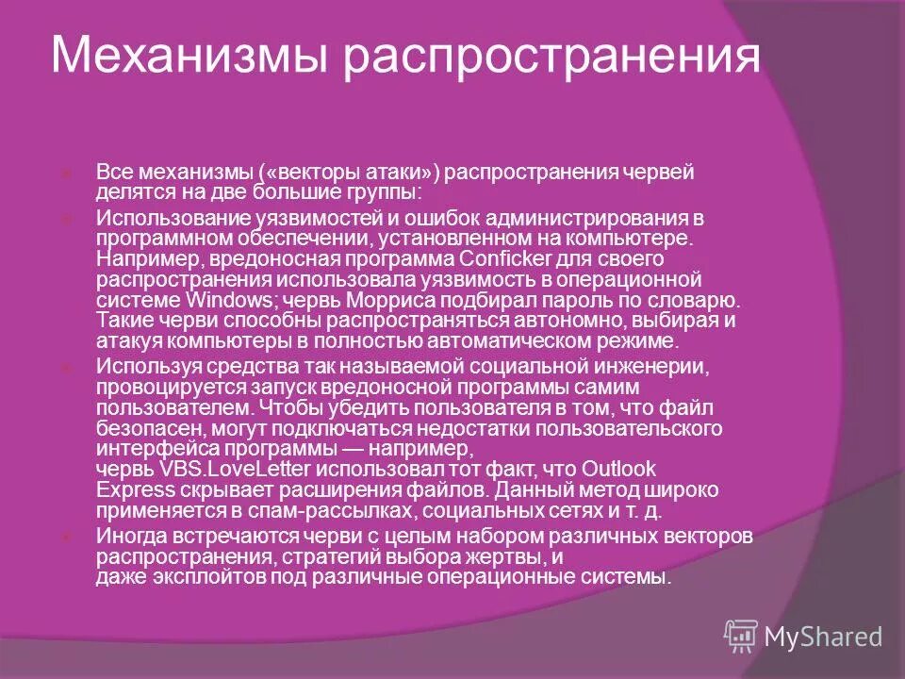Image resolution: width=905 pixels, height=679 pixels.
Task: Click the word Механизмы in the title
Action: [189, 56]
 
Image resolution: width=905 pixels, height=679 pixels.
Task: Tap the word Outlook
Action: [618, 469]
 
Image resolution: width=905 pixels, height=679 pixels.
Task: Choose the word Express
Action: [136, 490]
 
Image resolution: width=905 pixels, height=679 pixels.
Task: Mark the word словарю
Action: [695, 300]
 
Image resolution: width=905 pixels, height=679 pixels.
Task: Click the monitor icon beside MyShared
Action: [740, 637]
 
